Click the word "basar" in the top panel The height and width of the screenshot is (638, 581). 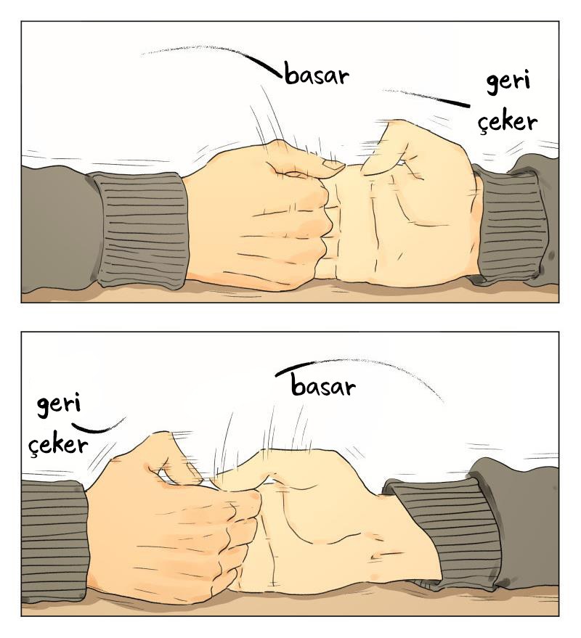click(x=317, y=75)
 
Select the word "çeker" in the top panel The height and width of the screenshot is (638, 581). click(x=508, y=122)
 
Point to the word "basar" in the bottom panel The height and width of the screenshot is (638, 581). click(x=323, y=385)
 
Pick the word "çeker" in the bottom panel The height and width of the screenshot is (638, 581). click(x=58, y=445)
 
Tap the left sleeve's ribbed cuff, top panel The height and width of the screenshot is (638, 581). click(x=140, y=229)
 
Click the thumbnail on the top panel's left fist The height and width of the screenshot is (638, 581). click(x=334, y=165)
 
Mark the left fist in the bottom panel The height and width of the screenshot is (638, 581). click(x=171, y=521)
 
